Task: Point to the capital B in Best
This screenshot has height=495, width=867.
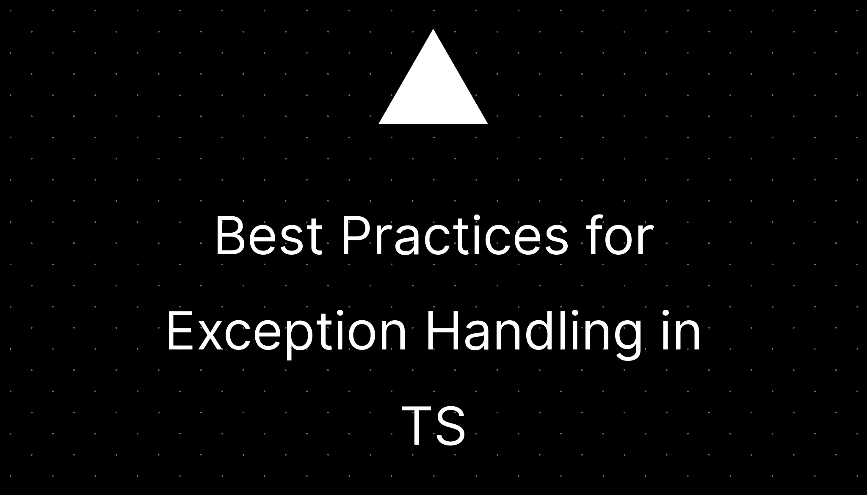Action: (x=229, y=236)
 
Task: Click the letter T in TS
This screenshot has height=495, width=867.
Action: (x=417, y=426)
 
